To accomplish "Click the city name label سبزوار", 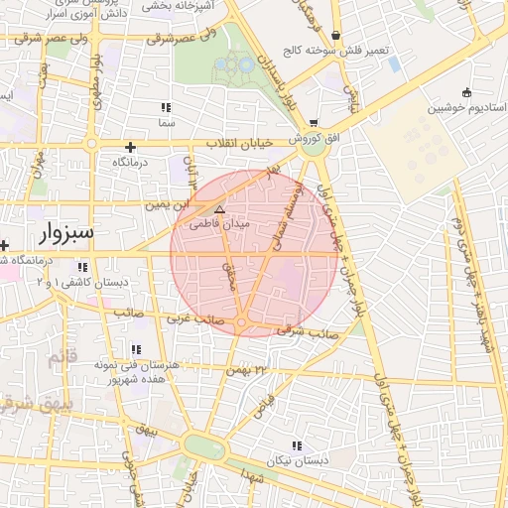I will point(66,234).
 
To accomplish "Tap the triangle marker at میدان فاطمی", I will point(220,210).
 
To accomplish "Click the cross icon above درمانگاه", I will point(130,147).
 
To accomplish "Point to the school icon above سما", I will point(166,107).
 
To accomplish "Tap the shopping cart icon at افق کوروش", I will point(314,124).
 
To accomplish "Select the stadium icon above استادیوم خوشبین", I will point(467,93).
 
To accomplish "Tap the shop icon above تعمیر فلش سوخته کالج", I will point(337,35).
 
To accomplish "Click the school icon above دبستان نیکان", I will point(296,445).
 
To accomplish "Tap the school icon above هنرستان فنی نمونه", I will point(135,349).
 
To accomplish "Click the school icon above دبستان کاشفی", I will point(82,267).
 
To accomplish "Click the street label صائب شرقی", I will point(317,332).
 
